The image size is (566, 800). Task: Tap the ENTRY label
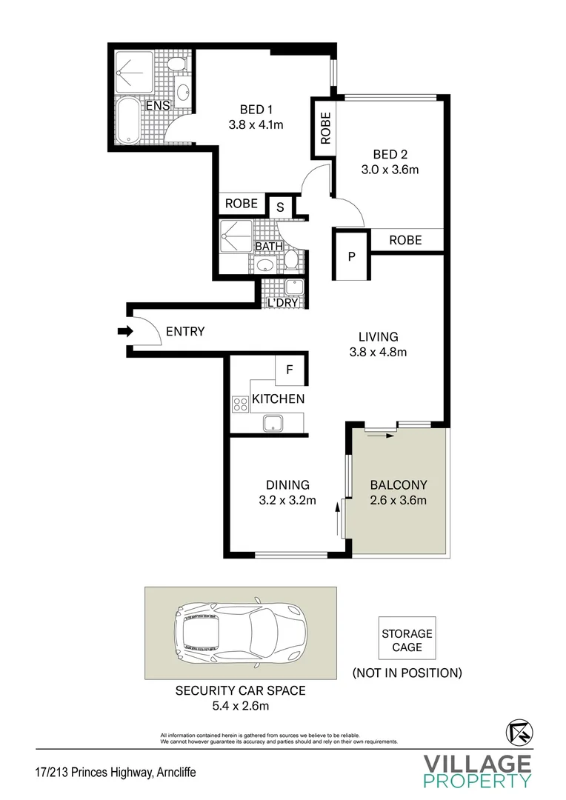[x=184, y=332]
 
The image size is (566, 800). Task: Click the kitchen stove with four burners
[x=240, y=404]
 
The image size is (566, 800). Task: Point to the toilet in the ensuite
[x=176, y=64]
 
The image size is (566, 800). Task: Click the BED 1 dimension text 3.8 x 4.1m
[x=256, y=124]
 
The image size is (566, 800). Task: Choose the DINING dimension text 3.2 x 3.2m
[x=287, y=500]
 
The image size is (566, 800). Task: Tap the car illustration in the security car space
[x=240, y=633]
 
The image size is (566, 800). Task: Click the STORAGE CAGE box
[x=407, y=641]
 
